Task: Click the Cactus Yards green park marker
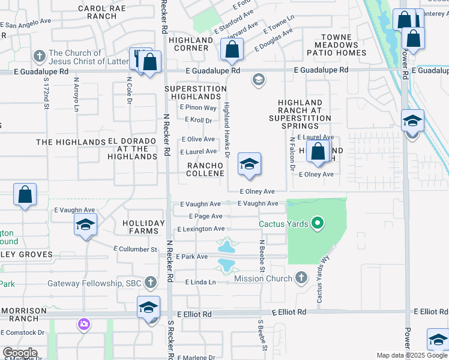[318, 224]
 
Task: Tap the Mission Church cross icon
[301, 278]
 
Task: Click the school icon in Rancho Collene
[249, 164]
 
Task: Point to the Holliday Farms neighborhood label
[143, 227]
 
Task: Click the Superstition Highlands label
[195, 92]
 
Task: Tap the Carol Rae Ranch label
[97, 12]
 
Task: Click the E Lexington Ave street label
[201, 229]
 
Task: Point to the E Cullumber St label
[135, 249]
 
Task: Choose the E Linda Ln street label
[200, 282]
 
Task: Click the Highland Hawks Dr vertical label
[227, 129]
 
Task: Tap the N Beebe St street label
[262, 255]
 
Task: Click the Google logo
[20, 353]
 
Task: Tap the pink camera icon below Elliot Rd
[83, 325]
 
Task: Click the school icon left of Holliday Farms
[85, 226]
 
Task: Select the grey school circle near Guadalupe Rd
[259, 80]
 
